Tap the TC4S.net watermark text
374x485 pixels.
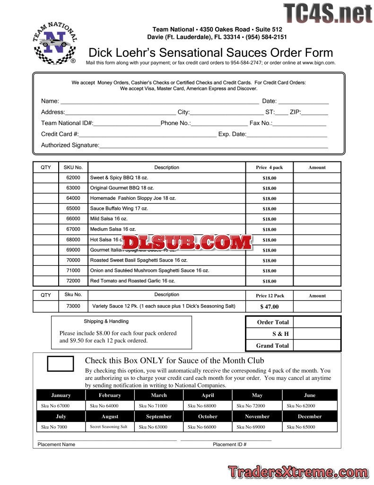pyautogui.click(x=328, y=13)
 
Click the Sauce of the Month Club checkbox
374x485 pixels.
pyautogui.click(x=61, y=363)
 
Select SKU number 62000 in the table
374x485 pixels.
pyautogui.click(x=73, y=178)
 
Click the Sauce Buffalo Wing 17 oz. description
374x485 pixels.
pyautogui.click(x=119, y=208)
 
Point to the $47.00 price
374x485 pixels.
pyautogui.click(x=270, y=306)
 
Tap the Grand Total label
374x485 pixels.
pyautogui.click(x=272, y=346)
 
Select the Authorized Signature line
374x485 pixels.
pyautogui.click(x=213, y=147)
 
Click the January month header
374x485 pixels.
pyautogui.click(x=61, y=395)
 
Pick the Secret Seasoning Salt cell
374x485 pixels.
pyautogui.click(x=109, y=427)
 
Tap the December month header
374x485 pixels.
pyautogui.click(x=310, y=416)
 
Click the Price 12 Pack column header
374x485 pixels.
pyautogui.click(x=270, y=296)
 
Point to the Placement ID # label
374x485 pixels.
pyautogui.click(x=230, y=445)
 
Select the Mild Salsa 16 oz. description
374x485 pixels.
pyautogui.click(x=109, y=219)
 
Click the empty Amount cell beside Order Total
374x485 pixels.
pyautogui.click(x=317, y=322)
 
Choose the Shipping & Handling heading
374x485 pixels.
pyautogui.click(x=106, y=321)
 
